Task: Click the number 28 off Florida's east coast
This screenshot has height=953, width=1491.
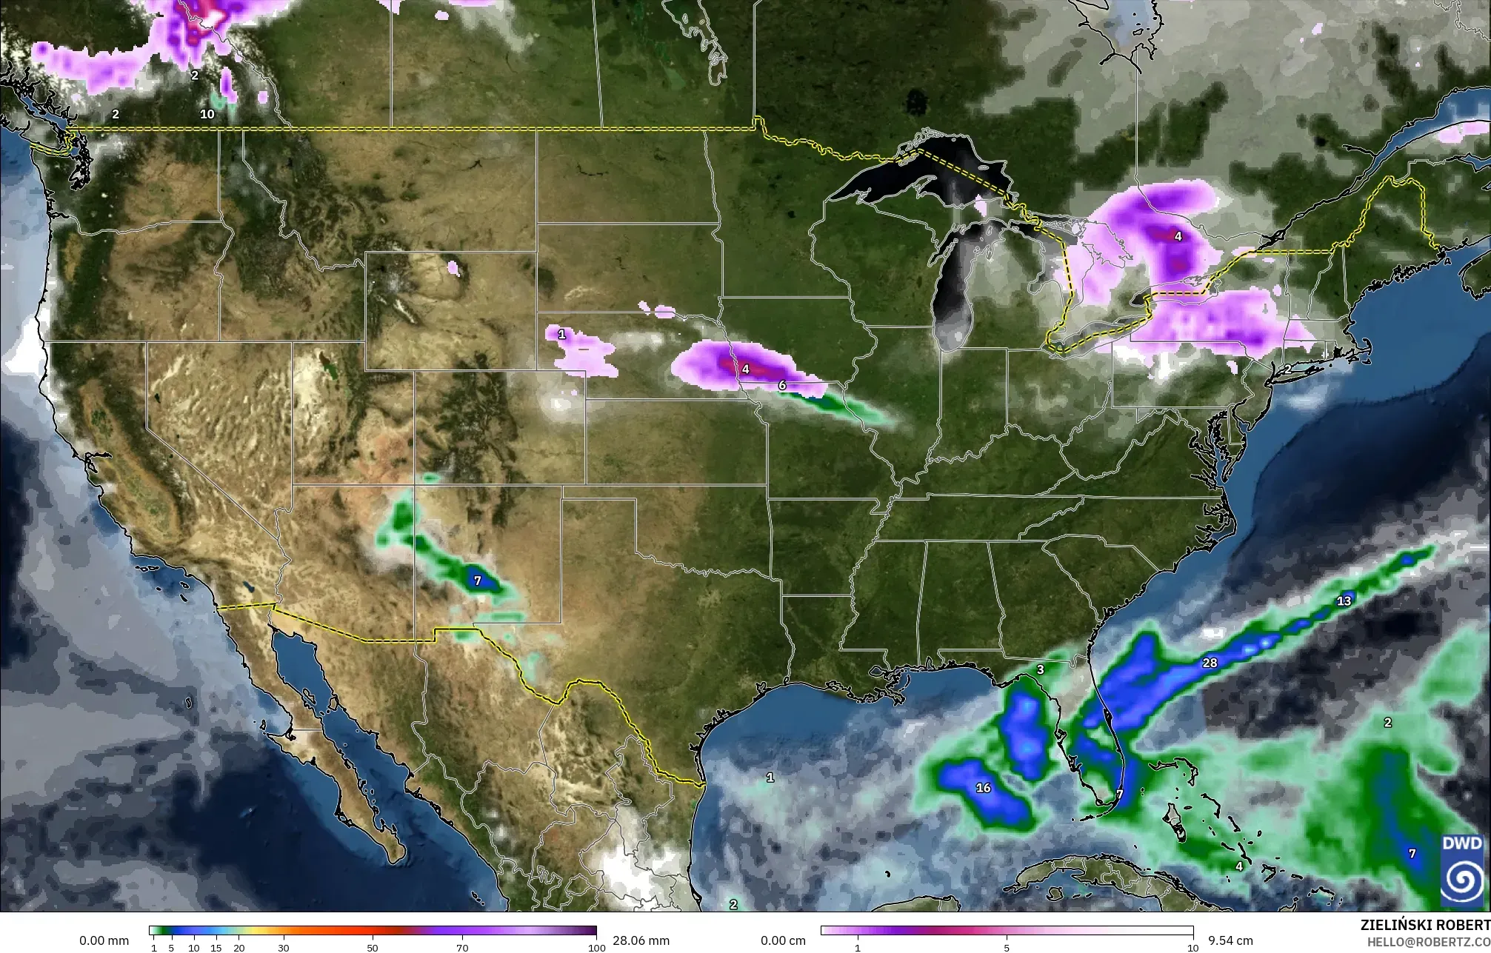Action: pyautogui.click(x=1210, y=663)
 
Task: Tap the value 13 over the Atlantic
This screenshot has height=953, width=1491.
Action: pyautogui.click(x=1344, y=601)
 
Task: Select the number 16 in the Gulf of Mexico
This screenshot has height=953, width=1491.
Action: pyautogui.click(x=984, y=788)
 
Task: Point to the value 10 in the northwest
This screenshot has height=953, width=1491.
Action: pyautogui.click(x=207, y=114)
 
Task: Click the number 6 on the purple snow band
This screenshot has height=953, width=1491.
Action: pyautogui.click(x=782, y=386)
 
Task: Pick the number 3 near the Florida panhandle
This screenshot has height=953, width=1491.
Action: pyautogui.click(x=1040, y=670)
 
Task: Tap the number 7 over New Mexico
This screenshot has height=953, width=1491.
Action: pyautogui.click(x=478, y=581)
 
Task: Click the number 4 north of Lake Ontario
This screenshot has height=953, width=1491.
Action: pyautogui.click(x=1178, y=237)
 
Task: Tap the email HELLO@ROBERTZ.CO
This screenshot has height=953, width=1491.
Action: pyautogui.click(x=1428, y=941)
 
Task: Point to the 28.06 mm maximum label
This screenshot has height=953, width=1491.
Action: pyautogui.click(x=640, y=940)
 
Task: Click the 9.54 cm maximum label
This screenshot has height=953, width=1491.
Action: pyautogui.click(x=1230, y=940)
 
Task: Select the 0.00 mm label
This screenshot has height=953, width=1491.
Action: pyautogui.click(x=104, y=940)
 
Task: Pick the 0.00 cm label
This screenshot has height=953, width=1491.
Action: pyautogui.click(x=783, y=940)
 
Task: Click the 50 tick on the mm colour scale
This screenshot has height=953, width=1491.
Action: pyautogui.click(x=373, y=948)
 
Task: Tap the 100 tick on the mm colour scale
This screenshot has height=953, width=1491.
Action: pyautogui.click(x=595, y=948)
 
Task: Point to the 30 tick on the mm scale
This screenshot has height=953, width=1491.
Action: pyautogui.click(x=284, y=948)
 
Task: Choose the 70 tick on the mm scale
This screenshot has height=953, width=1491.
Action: pyautogui.click(x=461, y=948)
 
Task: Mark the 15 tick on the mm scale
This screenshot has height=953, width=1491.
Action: pyautogui.click(x=216, y=948)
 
